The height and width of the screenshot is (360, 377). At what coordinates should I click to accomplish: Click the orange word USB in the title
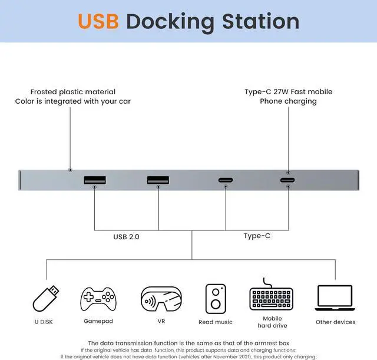tap(98, 21)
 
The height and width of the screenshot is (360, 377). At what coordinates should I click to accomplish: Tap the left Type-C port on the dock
tap(224, 181)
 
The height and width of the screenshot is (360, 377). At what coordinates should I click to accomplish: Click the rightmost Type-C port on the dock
tap(288, 180)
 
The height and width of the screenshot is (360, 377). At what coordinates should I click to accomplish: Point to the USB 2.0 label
tap(127, 237)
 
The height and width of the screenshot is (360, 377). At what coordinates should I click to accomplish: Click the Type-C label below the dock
tap(257, 236)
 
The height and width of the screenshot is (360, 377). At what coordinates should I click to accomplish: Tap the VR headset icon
tap(161, 299)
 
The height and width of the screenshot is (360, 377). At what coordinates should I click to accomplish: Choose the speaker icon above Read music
tap(216, 299)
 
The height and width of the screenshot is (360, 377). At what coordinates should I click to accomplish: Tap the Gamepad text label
tap(98, 321)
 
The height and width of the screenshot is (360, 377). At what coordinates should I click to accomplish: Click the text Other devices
tap(335, 322)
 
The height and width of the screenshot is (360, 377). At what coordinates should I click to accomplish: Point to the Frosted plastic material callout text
tap(73, 92)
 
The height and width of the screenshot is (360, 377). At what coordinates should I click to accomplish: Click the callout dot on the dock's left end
tap(70, 170)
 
